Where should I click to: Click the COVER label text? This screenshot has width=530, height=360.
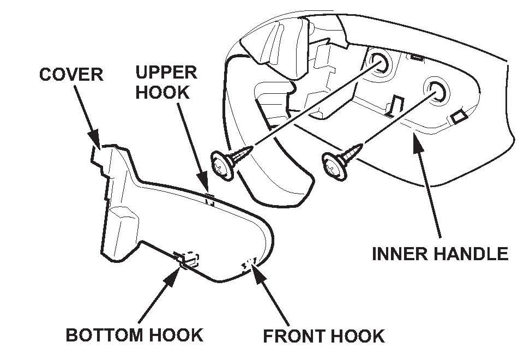(70, 74)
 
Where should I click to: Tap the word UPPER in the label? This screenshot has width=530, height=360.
(166, 72)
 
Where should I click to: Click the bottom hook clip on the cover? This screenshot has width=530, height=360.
(185, 259)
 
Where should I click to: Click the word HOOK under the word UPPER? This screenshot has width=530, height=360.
(162, 92)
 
